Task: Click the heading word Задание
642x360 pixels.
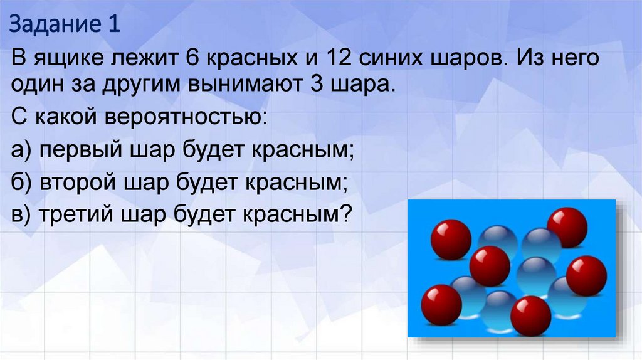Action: coord(51,27)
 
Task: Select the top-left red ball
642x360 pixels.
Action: coord(451,239)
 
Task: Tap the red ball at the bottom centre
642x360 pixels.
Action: coord(530,315)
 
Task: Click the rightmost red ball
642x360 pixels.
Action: coord(586,275)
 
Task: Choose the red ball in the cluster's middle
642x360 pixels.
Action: coord(490,265)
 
